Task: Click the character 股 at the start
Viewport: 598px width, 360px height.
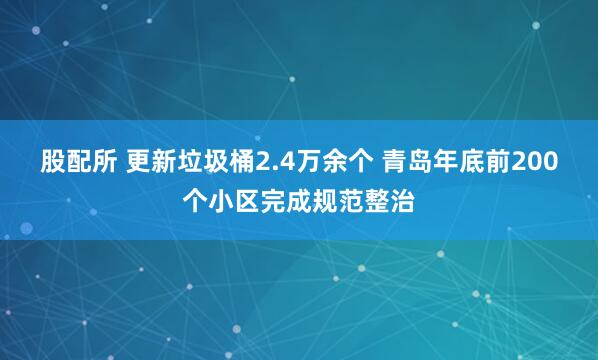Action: [53, 161]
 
